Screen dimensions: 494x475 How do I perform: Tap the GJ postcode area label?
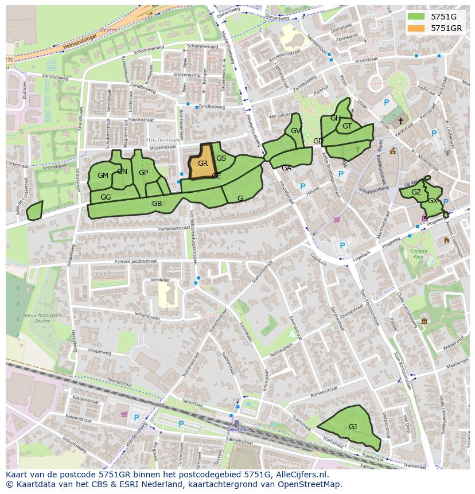(x=353, y=426)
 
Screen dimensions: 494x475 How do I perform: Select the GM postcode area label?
(x=103, y=176)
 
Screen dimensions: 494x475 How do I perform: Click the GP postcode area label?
(x=143, y=173)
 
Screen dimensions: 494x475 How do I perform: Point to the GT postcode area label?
(x=347, y=126)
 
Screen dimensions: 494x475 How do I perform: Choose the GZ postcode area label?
(x=416, y=192)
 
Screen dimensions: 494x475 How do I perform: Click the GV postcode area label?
(x=295, y=131)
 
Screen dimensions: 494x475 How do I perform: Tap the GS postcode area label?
(x=221, y=158)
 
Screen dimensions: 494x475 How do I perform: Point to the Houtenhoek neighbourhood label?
(x=163, y=139)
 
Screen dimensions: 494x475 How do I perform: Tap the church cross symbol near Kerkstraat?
(x=400, y=121)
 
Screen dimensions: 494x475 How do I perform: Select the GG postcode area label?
(x=106, y=197)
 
